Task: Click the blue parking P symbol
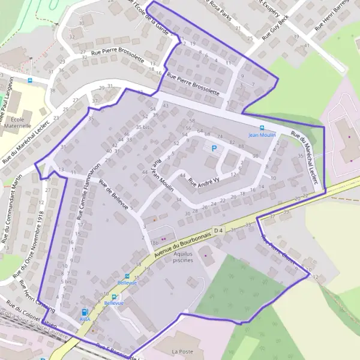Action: pyautogui.click(x=213, y=148)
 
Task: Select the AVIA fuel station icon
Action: pyautogui.click(x=84, y=312)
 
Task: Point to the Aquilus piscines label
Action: pyautogui.click(x=184, y=257)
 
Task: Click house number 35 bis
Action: pyautogui.click(x=142, y=127)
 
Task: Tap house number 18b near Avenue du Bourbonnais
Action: pyautogui.click(x=154, y=242)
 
